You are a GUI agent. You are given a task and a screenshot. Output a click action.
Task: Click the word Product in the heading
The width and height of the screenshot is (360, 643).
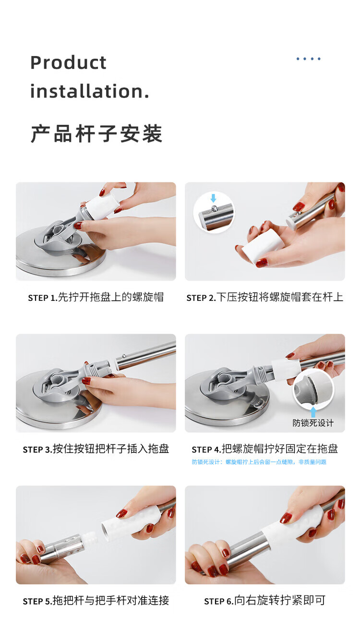pyautogui.click(x=68, y=62)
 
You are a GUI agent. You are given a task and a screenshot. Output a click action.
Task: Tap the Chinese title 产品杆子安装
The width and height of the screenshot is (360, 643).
pyautogui.click(x=96, y=134)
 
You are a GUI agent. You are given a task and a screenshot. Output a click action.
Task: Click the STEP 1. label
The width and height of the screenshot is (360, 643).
pyautogui.click(x=43, y=298)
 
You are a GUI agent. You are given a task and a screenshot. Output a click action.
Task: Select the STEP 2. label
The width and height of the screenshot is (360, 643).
pyautogui.click(x=201, y=298)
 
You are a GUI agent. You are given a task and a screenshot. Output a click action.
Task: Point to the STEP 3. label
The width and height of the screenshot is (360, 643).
pyautogui.click(x=37, y=450)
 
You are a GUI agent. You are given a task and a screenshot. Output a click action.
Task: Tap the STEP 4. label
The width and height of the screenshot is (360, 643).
pyautogui.click(x=206, y=450)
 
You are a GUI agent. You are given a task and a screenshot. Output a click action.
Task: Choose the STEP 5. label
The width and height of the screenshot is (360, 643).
pyautogui.click(x=37, y=601)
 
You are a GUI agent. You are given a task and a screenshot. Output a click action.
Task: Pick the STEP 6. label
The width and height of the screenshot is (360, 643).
pyautogui.click(x=219, y=601)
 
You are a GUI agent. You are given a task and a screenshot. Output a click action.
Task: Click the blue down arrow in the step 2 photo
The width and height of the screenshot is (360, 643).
pyautogui.click(x=213, y=198)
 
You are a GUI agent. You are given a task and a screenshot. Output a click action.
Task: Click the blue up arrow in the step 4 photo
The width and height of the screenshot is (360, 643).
pyautogui.click(x=313, y=412)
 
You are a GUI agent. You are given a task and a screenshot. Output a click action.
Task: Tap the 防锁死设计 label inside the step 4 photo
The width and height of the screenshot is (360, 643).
pyautogui.click(x=313, y=423)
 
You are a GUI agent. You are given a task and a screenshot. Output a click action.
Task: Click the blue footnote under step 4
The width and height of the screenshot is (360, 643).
pyautogui.click(x=259, y=462)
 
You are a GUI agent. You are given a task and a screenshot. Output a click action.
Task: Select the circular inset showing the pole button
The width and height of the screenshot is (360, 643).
pyautogui.click(x=214, y=213)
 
